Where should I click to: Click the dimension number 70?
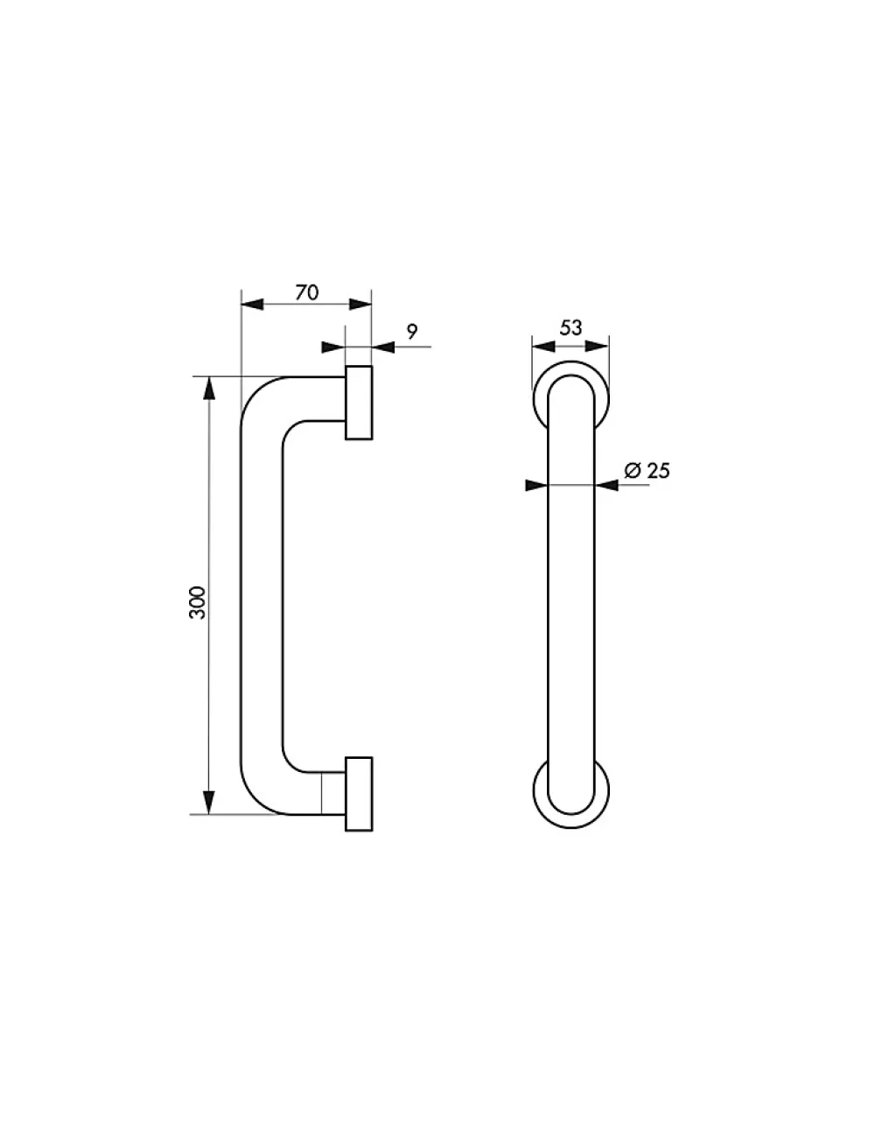[306, 293]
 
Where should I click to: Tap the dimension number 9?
[412, 331]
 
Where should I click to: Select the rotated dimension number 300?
[197, 603]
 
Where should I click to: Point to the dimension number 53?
[570, 328]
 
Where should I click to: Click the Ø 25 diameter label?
[647, 471]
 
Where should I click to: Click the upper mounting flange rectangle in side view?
[359, 403]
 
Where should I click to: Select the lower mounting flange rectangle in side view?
[359, 794]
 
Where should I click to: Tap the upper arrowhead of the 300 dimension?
[209, 388]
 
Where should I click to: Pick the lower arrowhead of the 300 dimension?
[208, 802]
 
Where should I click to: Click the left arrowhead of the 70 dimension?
[253, 305]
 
